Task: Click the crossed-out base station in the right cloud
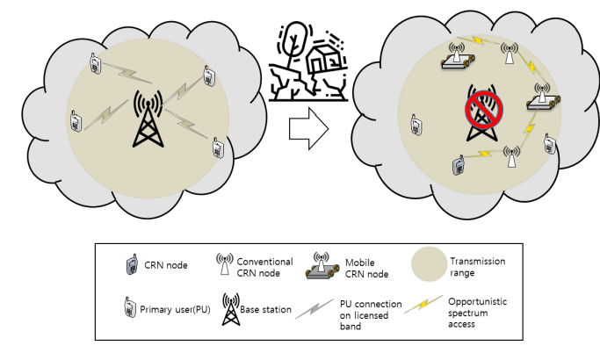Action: pyautogui.click(x=481, y=113)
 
